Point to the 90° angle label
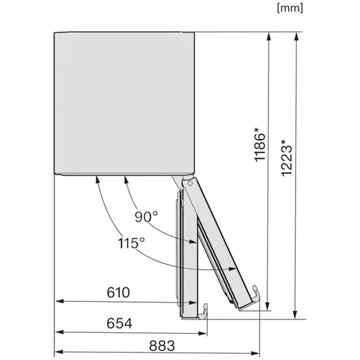coord(147,216)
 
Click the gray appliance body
coord(119,103)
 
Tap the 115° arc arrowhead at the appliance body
coord(97,181)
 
